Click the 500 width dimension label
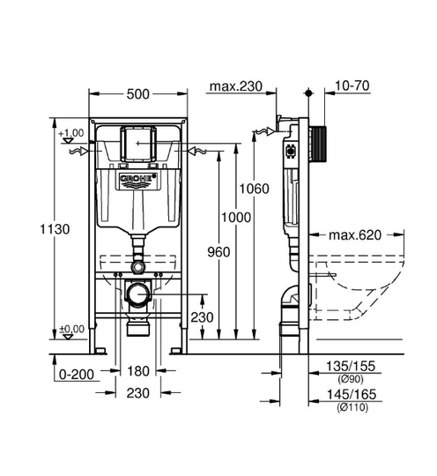point(138,94)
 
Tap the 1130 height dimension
point(55,229)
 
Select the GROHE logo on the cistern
point(138,178)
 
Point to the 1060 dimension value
point(255,189)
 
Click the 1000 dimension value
point(236,218)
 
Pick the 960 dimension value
point(218,252)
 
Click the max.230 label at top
point(236,86)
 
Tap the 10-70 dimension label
point(352,86)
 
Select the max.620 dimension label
point(355,235)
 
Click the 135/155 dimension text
point(351,366)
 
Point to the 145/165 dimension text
point(352,394)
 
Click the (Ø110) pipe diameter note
point(352,407)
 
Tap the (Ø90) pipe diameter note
point(350,379)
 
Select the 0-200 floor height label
point(77,375)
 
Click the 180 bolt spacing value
point(138,371)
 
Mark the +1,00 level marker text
point(71,133)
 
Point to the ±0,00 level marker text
point(72,329)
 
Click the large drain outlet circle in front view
point(138,294)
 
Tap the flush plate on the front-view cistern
point(138,144)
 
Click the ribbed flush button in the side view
point(319,144)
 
